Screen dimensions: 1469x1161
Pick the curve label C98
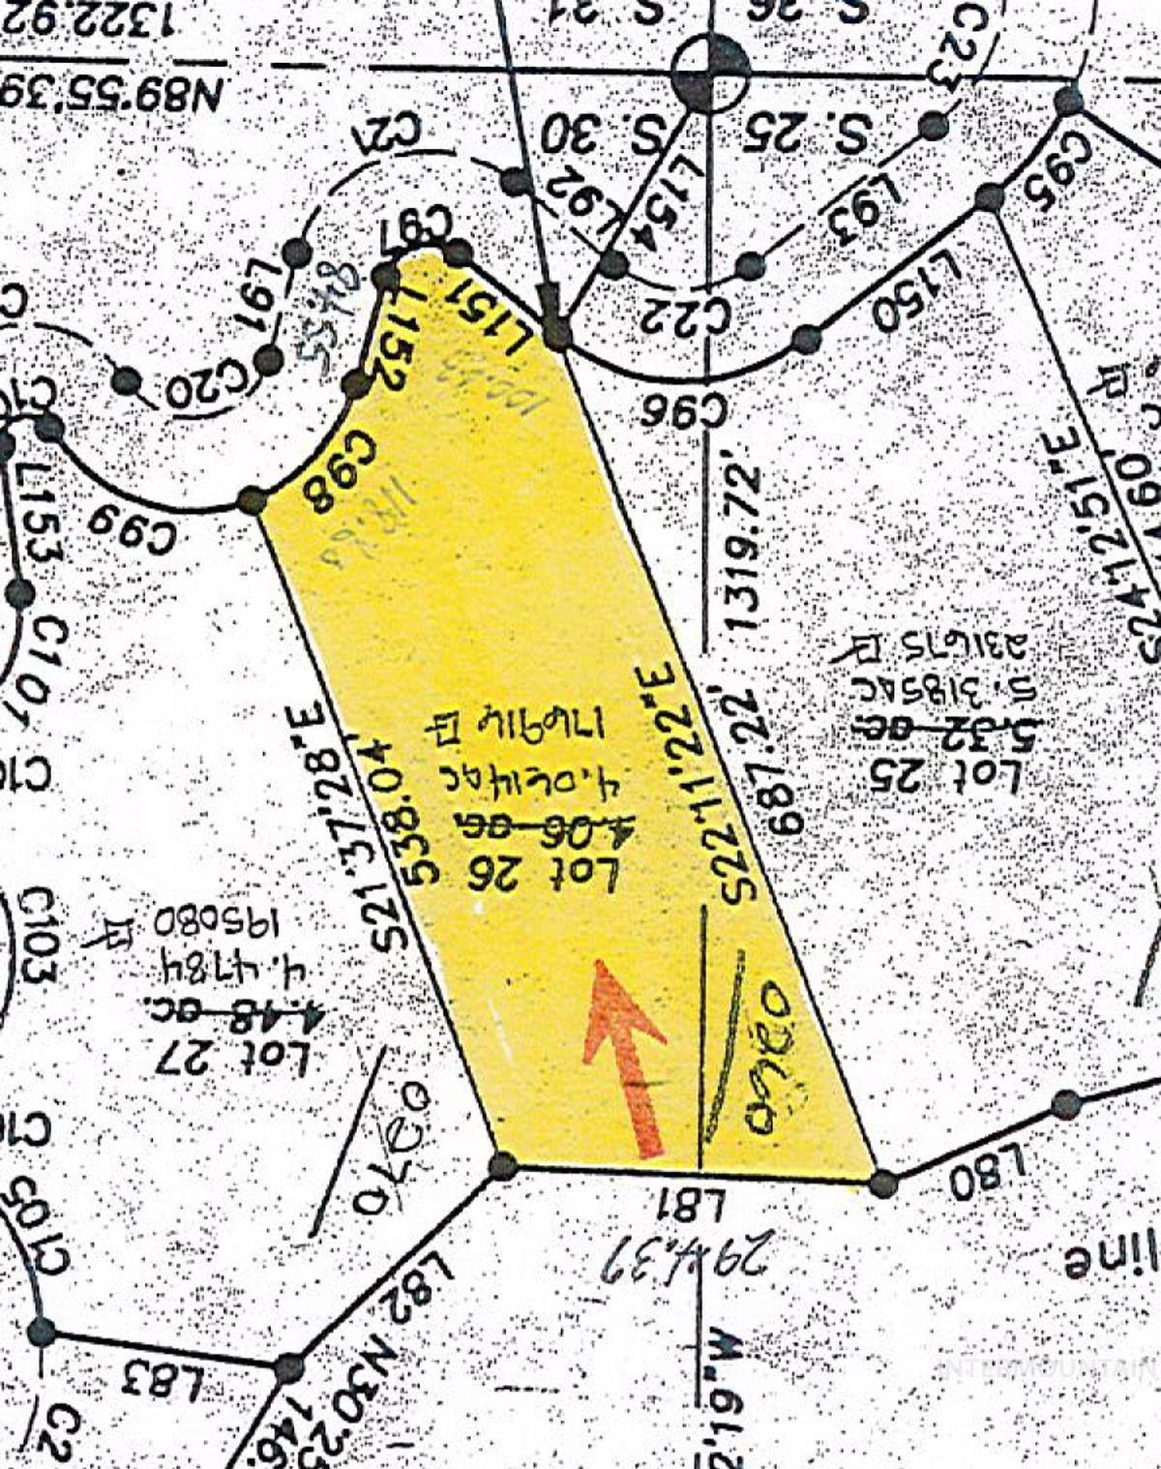(x=320, y=484)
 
